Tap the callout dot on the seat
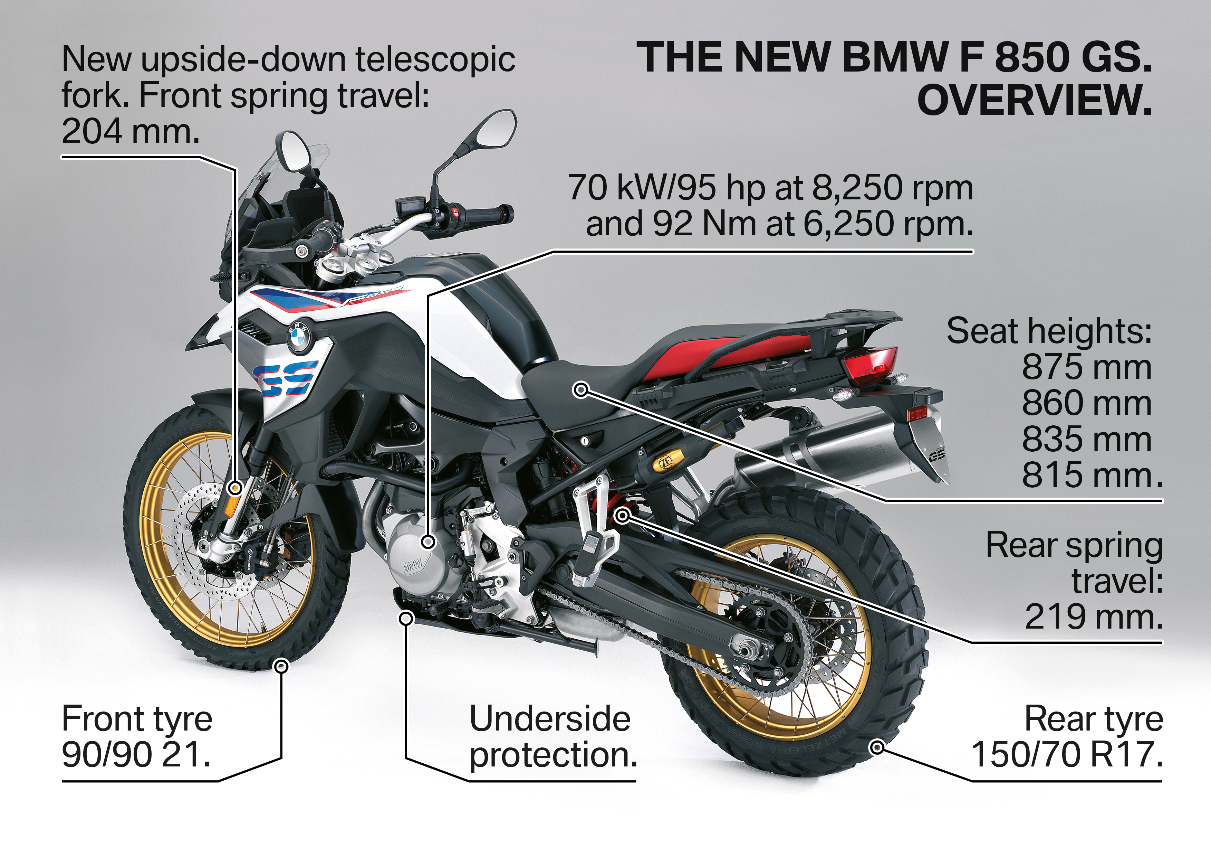[x=581, y=390]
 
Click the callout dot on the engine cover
[x=428, y=541]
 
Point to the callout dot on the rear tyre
[x=877, y=747]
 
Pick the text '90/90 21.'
[x=136, y=755]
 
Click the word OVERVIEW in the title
[x=1034, y=100]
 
